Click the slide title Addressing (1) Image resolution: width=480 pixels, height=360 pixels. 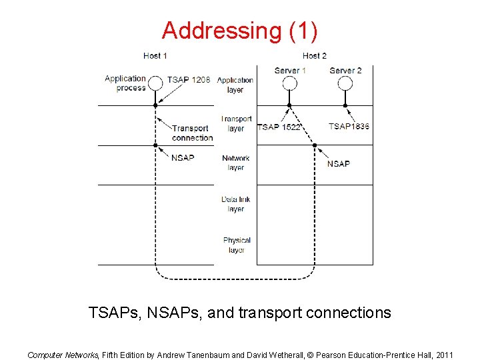pos(239,30)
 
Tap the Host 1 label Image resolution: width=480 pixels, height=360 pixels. pos(155,55)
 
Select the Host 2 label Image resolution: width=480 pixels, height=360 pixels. pos(314,55)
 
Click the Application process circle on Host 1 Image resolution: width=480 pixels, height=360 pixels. pos(155,83)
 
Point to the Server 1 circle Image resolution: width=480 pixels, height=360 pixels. pos(289,83)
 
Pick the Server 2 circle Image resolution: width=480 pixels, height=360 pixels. pos(345,83)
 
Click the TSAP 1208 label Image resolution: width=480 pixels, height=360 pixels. pos(189,79)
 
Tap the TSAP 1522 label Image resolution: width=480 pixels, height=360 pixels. pos(279,127)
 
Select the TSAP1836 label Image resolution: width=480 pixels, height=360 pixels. pos(349,126)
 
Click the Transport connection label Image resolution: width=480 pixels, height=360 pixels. pos(192,133)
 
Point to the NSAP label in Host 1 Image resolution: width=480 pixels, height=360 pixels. pos(183,158)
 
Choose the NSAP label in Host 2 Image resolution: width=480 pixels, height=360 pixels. pos(339,163)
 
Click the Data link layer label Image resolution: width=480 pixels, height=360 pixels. pos(236,204)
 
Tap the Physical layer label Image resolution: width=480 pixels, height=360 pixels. pos(237,245)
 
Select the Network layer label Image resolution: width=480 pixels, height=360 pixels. pos(236,163)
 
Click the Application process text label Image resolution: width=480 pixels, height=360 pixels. pos(125,83)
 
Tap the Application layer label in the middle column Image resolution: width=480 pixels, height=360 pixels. pos(235,85)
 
